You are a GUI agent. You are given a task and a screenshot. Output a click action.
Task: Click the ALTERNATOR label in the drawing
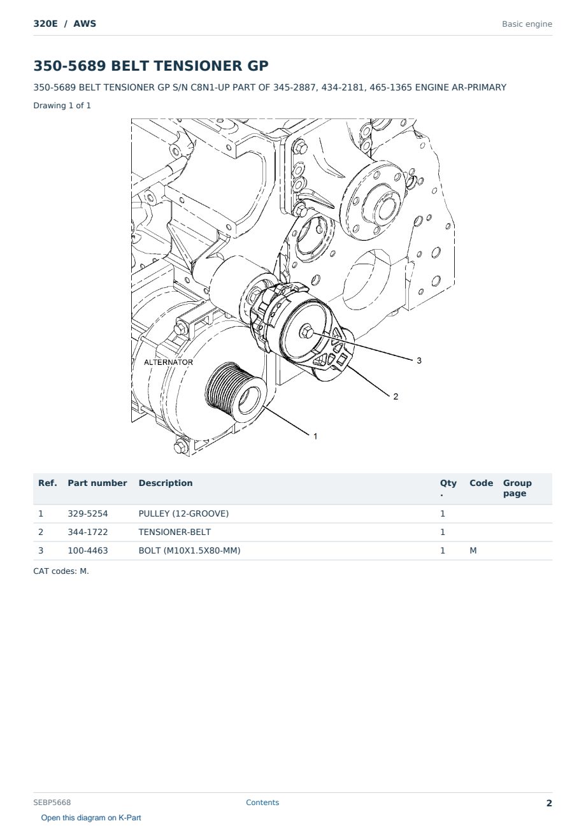click(x=168, y=362)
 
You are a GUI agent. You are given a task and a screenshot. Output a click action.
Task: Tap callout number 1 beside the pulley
click(x=315, y=436)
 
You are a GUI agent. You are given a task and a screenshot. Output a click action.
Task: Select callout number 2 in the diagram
click(x=396, y=397)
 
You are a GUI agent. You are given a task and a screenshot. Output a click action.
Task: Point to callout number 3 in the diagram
click(x=419, y=360)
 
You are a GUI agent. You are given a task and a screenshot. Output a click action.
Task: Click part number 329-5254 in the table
click(x=88, y=513)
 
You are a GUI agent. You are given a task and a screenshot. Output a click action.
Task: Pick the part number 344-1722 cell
click(x=88, y=532)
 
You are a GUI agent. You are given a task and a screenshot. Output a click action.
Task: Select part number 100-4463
click(x=88, y=550)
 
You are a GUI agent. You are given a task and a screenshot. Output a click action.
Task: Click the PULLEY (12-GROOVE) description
click(x=183, y=513)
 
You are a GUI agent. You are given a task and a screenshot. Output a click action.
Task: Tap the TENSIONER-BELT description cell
click(x=175, y=532)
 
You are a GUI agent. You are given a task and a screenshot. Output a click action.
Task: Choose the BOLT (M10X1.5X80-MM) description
click(x=189, y=550)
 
